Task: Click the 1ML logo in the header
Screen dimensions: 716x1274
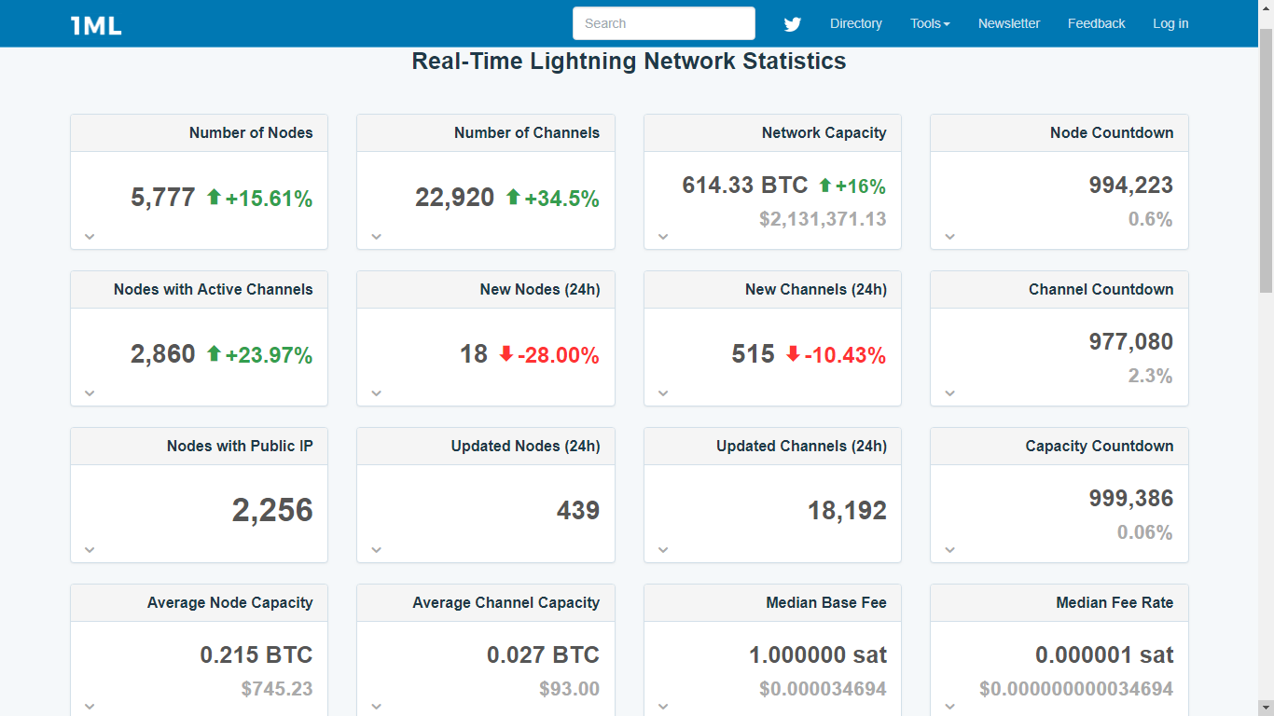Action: tap(96, 25)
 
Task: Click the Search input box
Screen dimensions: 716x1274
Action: tap(663, 23)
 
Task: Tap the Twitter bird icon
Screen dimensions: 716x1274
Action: tap(793, 24)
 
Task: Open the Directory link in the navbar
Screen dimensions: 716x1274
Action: tap(855, 23)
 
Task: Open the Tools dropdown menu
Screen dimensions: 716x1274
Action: tap(930, 23)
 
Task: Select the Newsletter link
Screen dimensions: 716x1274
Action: tap(1008, 23)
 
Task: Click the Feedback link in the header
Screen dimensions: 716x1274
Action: tap(1096, 23)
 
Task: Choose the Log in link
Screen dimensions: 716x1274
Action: tap(1170, 23)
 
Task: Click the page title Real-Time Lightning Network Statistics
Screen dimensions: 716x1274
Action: tap(629, 62)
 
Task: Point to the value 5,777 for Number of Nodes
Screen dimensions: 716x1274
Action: tap(163, 198)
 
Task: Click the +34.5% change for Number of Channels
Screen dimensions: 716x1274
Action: tap(561, 199)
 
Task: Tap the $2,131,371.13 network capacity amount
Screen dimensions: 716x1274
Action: tap(823, 219)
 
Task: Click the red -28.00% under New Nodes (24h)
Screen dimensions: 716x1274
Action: tap(558, 355)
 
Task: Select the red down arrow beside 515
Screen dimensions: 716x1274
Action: tap(793, 354)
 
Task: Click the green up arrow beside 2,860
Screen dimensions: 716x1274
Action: tap(214, 354)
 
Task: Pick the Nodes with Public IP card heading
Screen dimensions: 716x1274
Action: tap(240, 446)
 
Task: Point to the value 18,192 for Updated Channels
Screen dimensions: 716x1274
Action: tap(847, 511)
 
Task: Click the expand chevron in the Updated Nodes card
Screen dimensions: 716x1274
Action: tap(377, 550)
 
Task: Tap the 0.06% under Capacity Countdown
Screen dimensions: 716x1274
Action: tap(1144, 532)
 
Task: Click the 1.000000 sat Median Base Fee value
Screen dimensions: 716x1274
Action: tap(818, 655)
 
